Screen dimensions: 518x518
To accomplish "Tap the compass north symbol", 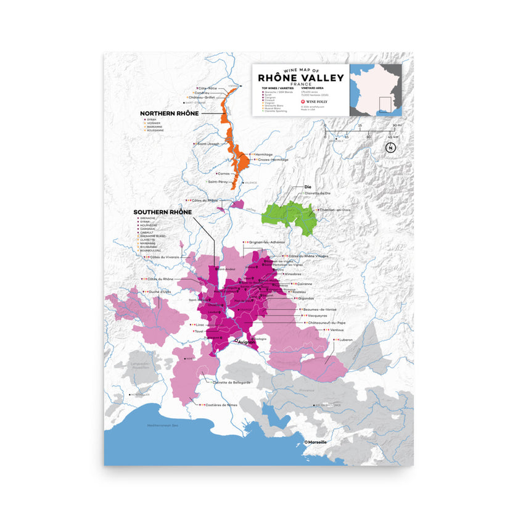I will [390, 147].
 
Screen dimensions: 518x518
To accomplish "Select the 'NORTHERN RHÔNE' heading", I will [169, 113].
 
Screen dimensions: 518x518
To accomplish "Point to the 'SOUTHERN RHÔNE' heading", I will [163, 212].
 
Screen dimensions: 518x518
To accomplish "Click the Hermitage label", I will [263, 154].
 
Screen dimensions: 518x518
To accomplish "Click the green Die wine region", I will [289, 216].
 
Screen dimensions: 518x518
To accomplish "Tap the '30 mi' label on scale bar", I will [396, 125].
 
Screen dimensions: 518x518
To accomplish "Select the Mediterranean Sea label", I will [154, 425].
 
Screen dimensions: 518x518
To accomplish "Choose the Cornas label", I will [224, 173].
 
